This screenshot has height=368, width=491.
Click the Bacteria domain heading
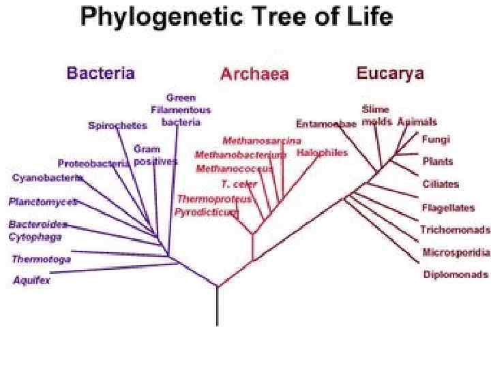[100, 74]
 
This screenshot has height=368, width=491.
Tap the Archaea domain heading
[254, 74]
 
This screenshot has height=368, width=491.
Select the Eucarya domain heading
[390, 73]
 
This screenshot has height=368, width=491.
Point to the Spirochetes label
[117, 126]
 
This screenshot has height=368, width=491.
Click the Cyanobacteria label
[48, 178]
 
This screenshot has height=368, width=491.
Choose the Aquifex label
[31, 280]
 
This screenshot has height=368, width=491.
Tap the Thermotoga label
[41, 259]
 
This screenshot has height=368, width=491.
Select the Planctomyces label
[42, 202]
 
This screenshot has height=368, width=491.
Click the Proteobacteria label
[93, 164]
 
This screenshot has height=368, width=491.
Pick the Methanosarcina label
[261, 141]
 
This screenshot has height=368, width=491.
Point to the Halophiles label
[322, 153]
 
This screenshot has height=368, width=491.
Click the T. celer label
[234, 184]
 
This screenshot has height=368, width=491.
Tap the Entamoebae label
[327, 123]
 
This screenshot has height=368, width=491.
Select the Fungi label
[436, 140]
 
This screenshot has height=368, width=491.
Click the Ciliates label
[441, 184]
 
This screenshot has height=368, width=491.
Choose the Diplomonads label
[456, 275]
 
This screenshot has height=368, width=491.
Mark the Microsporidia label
[456, 253]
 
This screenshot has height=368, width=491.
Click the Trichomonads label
[454, 230]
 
